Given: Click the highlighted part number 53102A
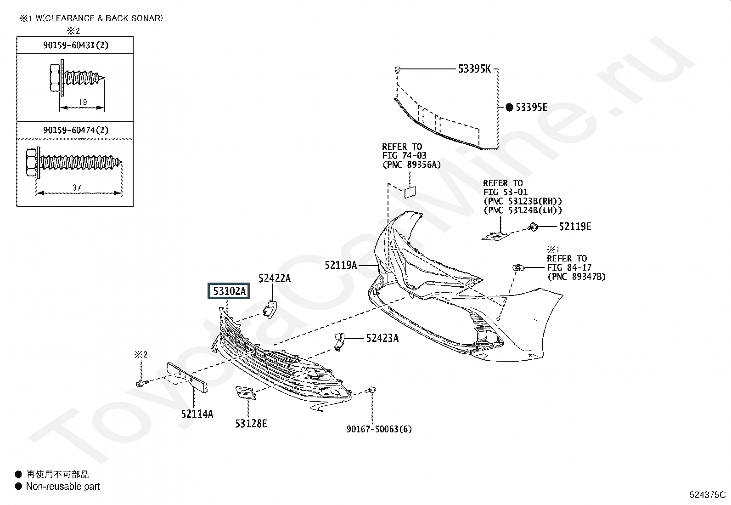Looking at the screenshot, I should [x=229, y=291].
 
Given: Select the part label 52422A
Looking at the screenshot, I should [x=275, y=278].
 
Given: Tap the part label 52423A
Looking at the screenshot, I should [x=382, y=339].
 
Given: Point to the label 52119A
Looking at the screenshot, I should [x=341, y=265].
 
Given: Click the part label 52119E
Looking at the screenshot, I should [x=575, y=227].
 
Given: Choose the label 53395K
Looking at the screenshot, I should [x=474, y=69].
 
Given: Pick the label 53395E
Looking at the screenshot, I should [x=531, y=108].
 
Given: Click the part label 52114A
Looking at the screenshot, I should [x=197, y=414].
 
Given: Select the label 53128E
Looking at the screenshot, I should [x=251, y=424].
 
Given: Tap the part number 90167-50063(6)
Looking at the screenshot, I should [x=379, y=429].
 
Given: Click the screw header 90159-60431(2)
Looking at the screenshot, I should [x=76, y=45].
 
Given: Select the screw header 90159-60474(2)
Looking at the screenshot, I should [x=76, y=130].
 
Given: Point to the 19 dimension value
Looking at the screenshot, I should [x=83, y=102].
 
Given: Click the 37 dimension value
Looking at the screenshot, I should [x=77, y=187].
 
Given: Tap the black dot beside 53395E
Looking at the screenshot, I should [x=509, y=108].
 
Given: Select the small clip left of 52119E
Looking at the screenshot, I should [x=534, y=227].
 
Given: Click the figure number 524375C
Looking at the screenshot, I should [x=707, y=495].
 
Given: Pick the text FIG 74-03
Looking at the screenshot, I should [x=404, y=156].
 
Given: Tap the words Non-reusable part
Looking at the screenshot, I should [x=63, y=486].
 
